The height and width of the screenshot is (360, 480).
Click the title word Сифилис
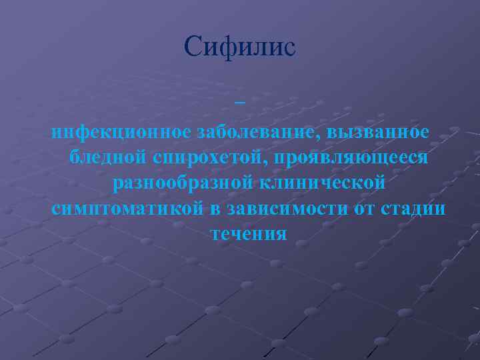pyautogui.click(x=240, y=47)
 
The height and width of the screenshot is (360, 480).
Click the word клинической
pyautogui.click(x=320, y=182)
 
